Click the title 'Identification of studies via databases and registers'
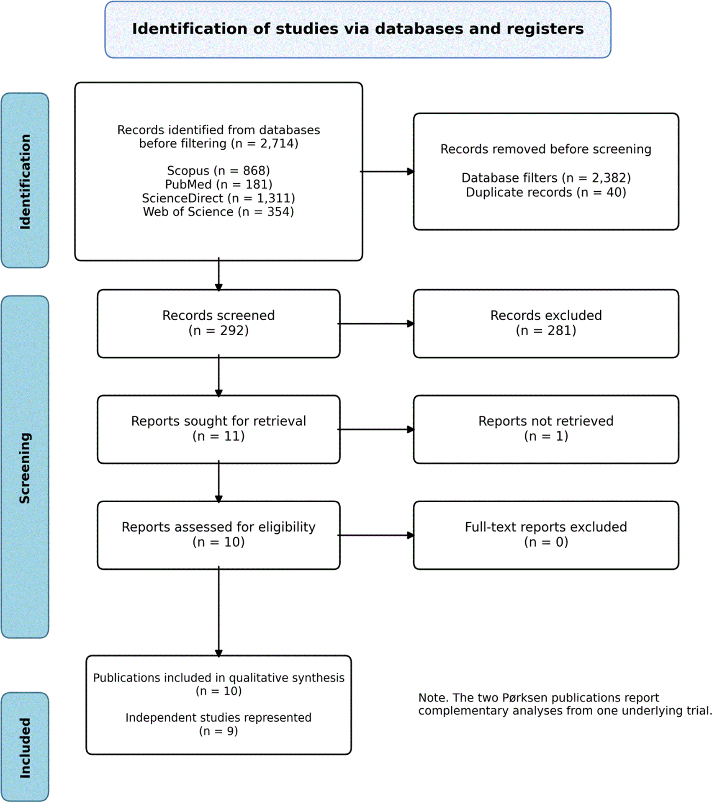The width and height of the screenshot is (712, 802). click(x=357, y=29)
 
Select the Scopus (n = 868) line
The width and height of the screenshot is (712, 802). click(x=218, y=171)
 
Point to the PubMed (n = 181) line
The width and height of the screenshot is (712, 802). click(x=218, y=184)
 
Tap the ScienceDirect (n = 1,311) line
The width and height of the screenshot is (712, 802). click(x=218, y=198)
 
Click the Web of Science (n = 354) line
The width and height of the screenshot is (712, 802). click(x=218, y=212)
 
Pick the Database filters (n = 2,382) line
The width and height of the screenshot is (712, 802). click(x=546, y=178)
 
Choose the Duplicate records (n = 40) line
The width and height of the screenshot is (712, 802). click(x=546, y=193)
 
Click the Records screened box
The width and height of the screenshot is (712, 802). click(x=218, y=324)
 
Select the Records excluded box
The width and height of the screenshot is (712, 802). click(x=546, y=324)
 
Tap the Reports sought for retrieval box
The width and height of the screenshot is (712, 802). click(x=218, y=429)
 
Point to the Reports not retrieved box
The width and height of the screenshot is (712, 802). click(x=546, y=429)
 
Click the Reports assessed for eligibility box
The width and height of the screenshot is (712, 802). click(x=218, y=535)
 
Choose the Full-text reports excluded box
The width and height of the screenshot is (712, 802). click(x=546, y=535)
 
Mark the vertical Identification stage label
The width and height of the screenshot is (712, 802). click(x=25, y=181)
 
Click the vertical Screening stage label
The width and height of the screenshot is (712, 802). click(x=25, y=468)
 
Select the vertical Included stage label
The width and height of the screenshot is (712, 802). click(x=25, y=748)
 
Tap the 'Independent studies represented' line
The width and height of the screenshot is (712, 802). click(x=218, y=717)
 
